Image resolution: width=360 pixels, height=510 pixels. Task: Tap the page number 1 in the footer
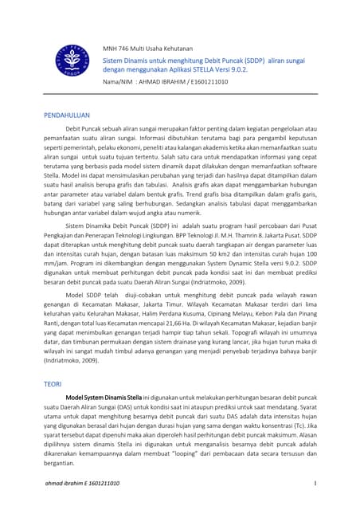pos(315,484)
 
